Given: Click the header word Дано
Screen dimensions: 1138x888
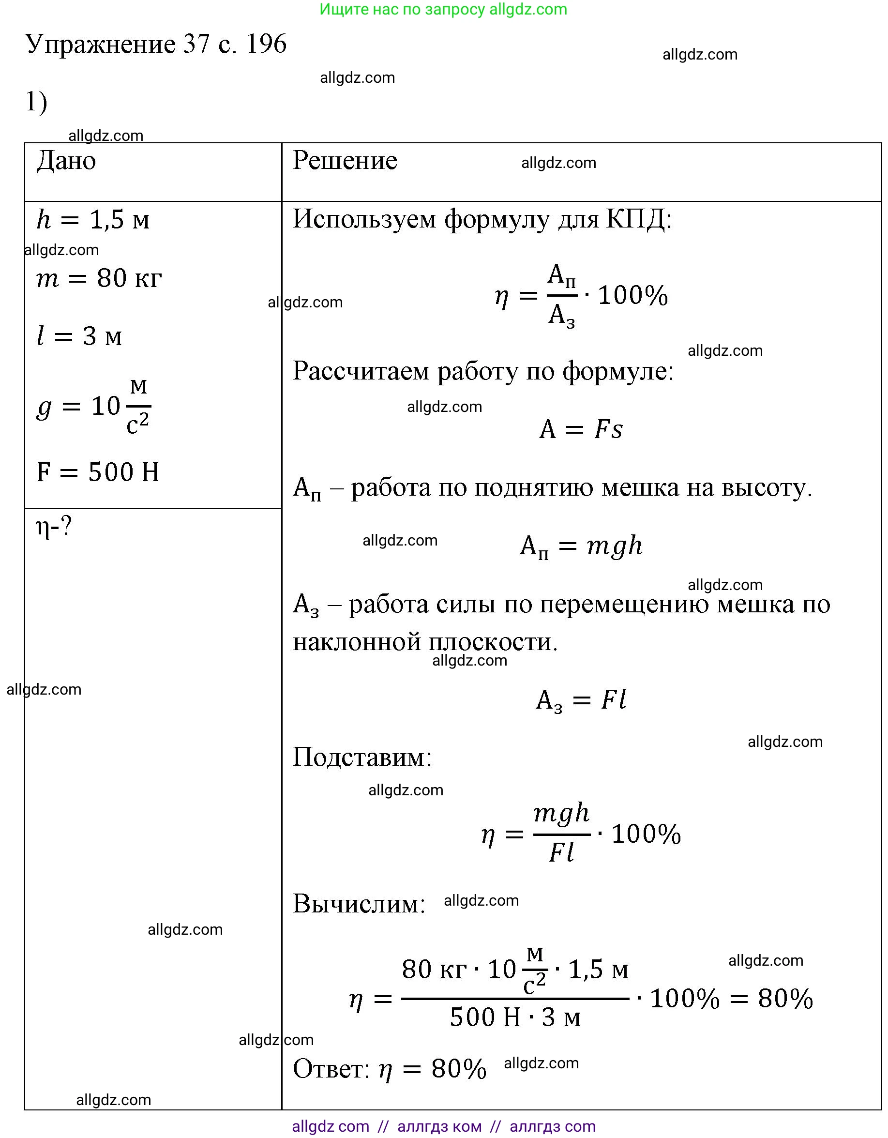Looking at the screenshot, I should (x=66, y=161).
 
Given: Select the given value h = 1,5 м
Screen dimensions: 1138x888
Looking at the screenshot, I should (x=93, y=219).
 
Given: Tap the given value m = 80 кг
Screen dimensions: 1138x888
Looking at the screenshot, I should (x=99, y=278).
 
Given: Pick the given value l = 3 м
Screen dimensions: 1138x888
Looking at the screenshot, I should (x=79, y=336).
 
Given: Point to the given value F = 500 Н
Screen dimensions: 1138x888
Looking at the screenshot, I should (x=98, y=472).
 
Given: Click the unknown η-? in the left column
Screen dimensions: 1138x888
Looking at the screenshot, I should (x=54, y=527).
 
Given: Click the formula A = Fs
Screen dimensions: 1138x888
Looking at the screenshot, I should (x=581, y=429).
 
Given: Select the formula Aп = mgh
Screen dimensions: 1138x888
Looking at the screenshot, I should (x=581, y=546).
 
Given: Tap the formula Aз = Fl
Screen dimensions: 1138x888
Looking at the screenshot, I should (x=581, y=700).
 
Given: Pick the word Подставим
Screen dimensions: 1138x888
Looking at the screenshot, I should (x=361, y=757).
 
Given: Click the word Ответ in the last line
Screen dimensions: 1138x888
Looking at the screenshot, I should (x=330, y=1069).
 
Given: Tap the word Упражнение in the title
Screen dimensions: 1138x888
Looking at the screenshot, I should (x=101, y=44).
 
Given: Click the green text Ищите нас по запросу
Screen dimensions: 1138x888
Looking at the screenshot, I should (x=403, y=9).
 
